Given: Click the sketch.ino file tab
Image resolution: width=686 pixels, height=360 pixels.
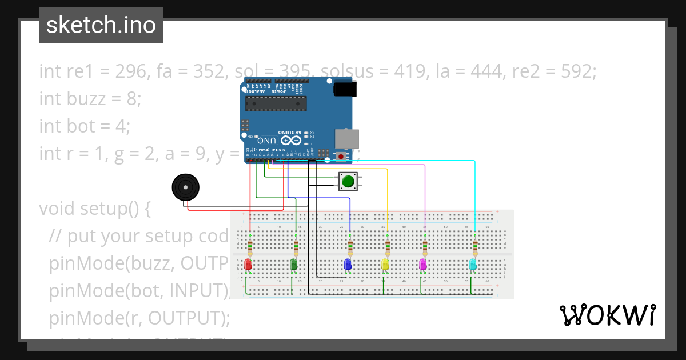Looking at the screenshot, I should coord(101,25).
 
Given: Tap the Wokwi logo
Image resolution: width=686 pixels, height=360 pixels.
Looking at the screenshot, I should coord(607,315).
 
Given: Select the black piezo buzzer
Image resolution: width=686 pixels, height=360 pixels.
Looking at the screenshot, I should coord(186,187).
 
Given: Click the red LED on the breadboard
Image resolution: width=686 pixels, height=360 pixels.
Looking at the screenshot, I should coord(248,265).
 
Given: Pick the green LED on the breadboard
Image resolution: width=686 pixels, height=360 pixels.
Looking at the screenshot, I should coord(294,265).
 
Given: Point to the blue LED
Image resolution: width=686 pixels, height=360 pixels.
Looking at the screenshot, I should coord(348,265).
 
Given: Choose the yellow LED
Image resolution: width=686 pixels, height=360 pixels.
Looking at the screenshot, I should coord(385,265).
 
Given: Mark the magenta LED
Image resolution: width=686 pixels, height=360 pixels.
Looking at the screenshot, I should coord(423,265).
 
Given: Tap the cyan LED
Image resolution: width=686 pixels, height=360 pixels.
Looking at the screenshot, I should coord(473,265).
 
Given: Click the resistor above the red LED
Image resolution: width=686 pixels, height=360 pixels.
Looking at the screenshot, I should coord(250,247).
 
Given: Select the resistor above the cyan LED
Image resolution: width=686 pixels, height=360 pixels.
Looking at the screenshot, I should coord(475,247).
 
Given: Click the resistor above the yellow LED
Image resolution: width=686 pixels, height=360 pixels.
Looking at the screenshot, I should coord(388,247).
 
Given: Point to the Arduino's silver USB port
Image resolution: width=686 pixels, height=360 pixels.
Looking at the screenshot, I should coord(347,138).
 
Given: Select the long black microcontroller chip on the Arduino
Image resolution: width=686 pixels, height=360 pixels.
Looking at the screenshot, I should coord(276,103).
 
